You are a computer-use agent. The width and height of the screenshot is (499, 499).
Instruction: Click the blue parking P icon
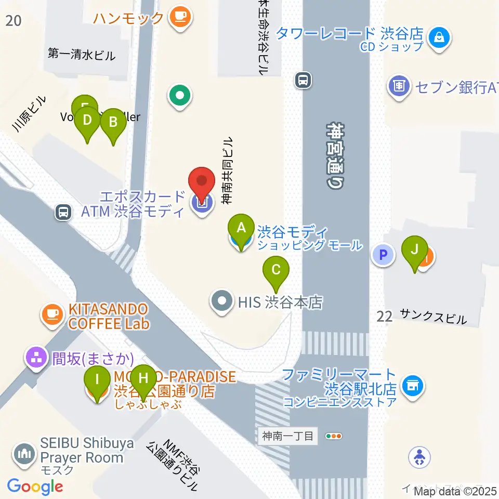pos(384,255)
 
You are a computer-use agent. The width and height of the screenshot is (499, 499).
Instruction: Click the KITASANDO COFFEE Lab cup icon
pos(52,314)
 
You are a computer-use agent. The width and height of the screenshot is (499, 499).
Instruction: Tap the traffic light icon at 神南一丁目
pos(333,436)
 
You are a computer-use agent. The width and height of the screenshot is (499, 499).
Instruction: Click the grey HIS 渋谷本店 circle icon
pos(222,301)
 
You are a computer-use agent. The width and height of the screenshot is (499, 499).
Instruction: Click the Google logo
pos(35,487)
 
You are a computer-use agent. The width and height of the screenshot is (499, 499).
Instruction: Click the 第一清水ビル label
pos(81,54)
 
